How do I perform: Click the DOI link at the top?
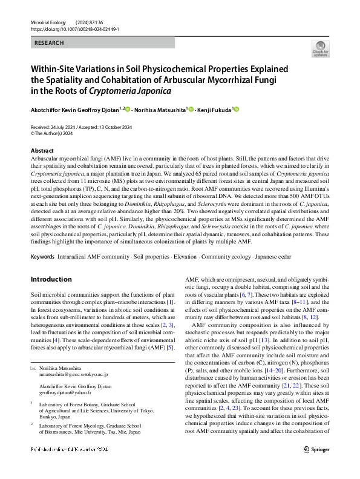coord(74,28)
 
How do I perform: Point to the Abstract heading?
coord(42,150)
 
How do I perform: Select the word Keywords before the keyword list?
coord(42,257)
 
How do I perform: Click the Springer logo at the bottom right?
coord(316,466)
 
